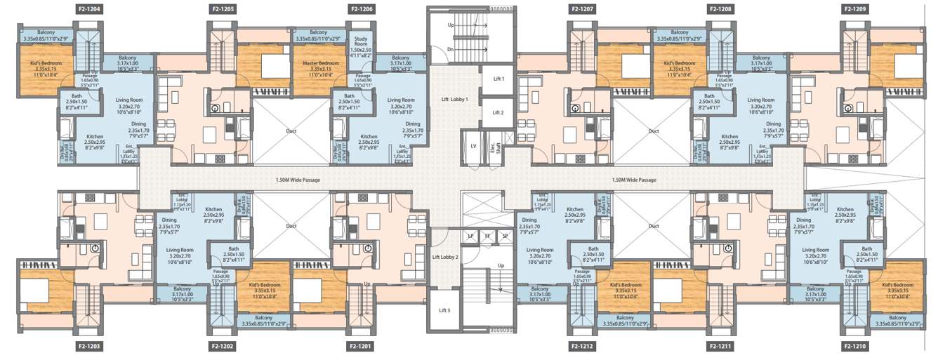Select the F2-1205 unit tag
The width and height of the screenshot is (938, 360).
click(x=223, y=10)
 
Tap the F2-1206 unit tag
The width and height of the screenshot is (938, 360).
click(x=361, y=10)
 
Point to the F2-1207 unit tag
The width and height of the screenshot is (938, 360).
click(x=583, y=10)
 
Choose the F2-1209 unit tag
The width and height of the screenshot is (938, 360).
click(x=855, y=10)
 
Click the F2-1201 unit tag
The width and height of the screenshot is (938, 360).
click(x=361, y=346)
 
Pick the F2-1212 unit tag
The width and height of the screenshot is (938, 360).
click(x=583, y=346)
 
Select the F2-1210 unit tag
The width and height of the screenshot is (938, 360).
click(x=855, y=346)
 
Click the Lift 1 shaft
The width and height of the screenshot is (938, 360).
click(x=498, y=79)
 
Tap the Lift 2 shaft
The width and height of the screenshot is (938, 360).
click(x=498, y=112)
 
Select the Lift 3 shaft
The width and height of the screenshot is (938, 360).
click(x=444, y=310)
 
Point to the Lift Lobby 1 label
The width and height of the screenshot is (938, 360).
click(x=454, y=99)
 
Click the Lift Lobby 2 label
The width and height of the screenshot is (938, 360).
click(x=445, y=258)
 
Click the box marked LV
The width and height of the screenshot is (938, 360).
click(x=473, y=146)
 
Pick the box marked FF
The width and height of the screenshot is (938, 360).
click(x=487, y=236)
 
